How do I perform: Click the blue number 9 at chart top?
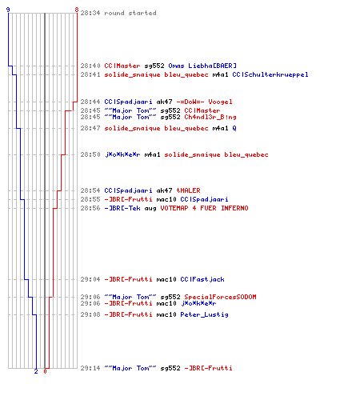tap(8, 10)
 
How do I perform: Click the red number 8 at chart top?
tap(77, 10)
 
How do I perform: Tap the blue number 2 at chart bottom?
tap(36, 371)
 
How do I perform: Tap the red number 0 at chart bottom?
tap(45, 371)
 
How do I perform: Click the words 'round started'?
tap(130, 13)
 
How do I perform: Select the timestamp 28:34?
tap(90, 13)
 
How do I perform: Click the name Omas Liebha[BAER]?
tap(202, 66)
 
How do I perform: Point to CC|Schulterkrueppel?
tap(270, 74)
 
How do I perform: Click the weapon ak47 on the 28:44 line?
tap(164, 102)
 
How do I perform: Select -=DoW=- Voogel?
tap(204, 102)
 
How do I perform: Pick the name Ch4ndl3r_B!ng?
tap(210, 117)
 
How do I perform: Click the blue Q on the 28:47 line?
tap(234, 128)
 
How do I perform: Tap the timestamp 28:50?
tap(90, 154)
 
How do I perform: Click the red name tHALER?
tap(188, 190)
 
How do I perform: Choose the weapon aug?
tap(150, 209)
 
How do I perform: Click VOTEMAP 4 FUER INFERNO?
tap(204, 208)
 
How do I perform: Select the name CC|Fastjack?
tap(202, 279)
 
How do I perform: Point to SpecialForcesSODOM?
tap(220, 297)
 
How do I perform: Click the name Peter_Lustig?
tap(204, 314)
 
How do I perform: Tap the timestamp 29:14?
tap(90, 368)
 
